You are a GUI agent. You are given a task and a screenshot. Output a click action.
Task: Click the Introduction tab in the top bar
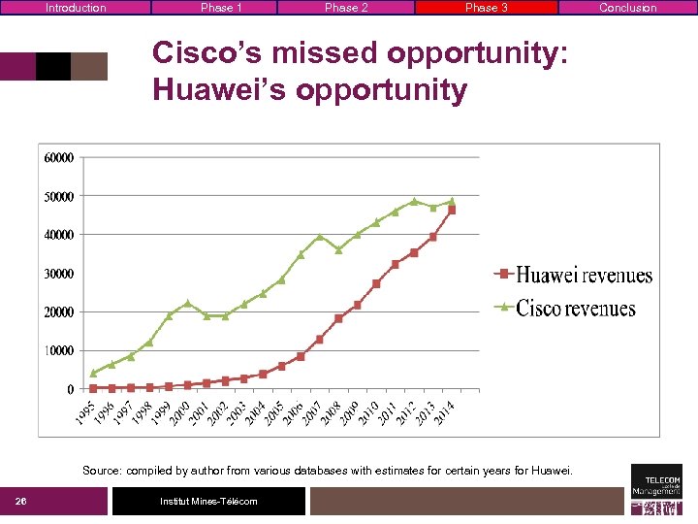pyautogui.click(x=76, y=8)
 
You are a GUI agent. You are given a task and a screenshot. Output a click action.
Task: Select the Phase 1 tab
pyautogui.click(x=221, y=8)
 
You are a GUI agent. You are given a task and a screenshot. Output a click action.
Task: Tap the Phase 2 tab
pyautogui.click(x=346, y=8)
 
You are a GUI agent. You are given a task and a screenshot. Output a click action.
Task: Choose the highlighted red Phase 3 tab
pyautogui.click(x=487, y=8)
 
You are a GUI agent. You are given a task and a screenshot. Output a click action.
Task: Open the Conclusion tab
pyautogui.click(x=627, y=8)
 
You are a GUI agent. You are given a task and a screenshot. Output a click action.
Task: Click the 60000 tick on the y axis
pyautogui.click(x=58, y=157)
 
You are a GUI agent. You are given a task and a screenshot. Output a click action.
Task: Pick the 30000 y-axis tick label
pyautogui.click(x=58, y=274)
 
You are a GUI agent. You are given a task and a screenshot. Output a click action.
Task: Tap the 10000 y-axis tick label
pyautogui.click(x=58, y=350)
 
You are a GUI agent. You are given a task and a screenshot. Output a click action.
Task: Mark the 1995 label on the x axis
pyautogui.click(x=85, y=411)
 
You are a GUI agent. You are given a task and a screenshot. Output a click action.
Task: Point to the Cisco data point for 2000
pyautogui.click(x=187, y=303)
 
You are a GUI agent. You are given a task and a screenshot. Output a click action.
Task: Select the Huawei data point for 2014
pyautogui.click(x=452, y=210)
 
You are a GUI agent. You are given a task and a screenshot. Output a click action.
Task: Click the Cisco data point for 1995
pyautogui.click(x=93, y=373)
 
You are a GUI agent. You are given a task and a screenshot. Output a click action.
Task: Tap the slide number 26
pyautogui.click(x=19, y=502)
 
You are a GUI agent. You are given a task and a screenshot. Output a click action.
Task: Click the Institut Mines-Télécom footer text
pyautogui.click(x=209, y=502)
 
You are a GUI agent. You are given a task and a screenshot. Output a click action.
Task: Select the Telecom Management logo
pyautogui.click(x=656, y=488)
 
